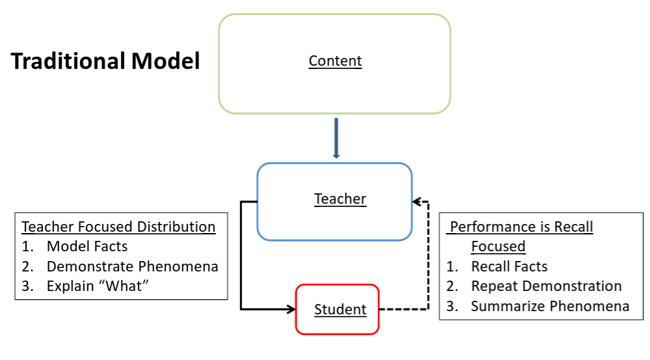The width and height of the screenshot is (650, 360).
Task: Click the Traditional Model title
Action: pos(105,61)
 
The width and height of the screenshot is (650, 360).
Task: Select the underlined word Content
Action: pos(335,61)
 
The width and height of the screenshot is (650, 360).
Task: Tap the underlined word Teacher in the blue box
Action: pos(340,199)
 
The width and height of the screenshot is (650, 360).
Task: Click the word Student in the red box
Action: pos(340,310)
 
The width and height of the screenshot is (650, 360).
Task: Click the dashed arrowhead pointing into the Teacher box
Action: pos(417,202)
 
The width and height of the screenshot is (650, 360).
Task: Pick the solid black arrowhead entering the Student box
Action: pos(290,309)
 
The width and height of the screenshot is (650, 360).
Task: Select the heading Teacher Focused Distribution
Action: pos(118,227)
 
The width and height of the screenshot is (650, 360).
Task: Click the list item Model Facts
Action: pos(87,246)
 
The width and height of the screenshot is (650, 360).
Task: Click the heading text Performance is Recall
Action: pos(522,227)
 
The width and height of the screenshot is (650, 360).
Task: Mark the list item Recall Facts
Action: pos(509,266)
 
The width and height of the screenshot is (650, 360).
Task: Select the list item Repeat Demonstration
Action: pos(547,286)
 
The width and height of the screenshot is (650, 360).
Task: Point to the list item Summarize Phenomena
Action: pos(550,306)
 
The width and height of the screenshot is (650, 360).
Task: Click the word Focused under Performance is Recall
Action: pos(498,247)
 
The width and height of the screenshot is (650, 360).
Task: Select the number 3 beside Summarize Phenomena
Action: pos(452,306)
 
